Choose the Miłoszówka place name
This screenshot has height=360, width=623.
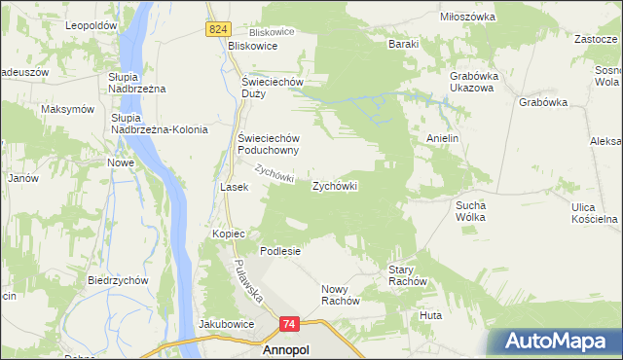pyautogui.click(x=468, y=18)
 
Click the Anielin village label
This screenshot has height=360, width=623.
pyautogui.click(x=442, y=138)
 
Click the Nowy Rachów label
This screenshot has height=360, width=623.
pyautogui.click(x=341, y=295)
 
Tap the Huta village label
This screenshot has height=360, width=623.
pyautogui.click(x=430, y=315)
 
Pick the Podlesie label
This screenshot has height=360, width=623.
pyautogui.click(x=279, y=250)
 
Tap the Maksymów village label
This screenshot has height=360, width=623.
pyautogui.click(x=67, y=108)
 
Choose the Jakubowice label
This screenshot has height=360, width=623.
pyautogui.click(x=226, y=323)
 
